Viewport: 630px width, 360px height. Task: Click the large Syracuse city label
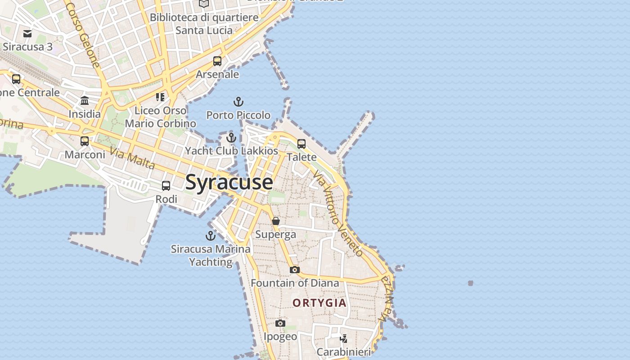tap(229, 182)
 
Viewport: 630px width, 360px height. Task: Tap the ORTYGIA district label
tap(320, 303)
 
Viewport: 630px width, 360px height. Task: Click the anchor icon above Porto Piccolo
tap(238, 102)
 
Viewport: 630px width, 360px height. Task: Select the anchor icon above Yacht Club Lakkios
tap(231, 137)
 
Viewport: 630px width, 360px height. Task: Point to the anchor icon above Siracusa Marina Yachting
tap(211, 235)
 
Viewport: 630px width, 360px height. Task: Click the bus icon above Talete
tap(301, 144)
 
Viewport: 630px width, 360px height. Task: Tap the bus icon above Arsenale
tap(217, 61)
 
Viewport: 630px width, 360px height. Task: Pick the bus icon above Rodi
tap(166, 185)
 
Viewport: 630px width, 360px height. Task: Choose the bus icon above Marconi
tap(85, 141)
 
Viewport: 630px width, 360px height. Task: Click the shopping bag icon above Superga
tap(276, 221)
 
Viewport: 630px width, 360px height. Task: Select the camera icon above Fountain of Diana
tap(295, 270)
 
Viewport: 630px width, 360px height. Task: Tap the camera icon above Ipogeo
tap(280, 323)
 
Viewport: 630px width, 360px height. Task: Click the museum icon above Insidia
tap(85, 100)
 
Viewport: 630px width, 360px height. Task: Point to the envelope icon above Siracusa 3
tap(27, 33)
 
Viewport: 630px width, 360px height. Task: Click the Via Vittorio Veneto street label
tap(338, 213)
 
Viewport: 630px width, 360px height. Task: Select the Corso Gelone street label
tap(82, 34)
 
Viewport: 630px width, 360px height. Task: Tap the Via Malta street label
tap(132, 159)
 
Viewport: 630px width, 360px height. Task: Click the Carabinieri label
tap(343, 352)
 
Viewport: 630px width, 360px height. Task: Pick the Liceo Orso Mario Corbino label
tap(160, 117)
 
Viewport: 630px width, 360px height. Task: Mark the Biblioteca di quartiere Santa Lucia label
tap(204, 24)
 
